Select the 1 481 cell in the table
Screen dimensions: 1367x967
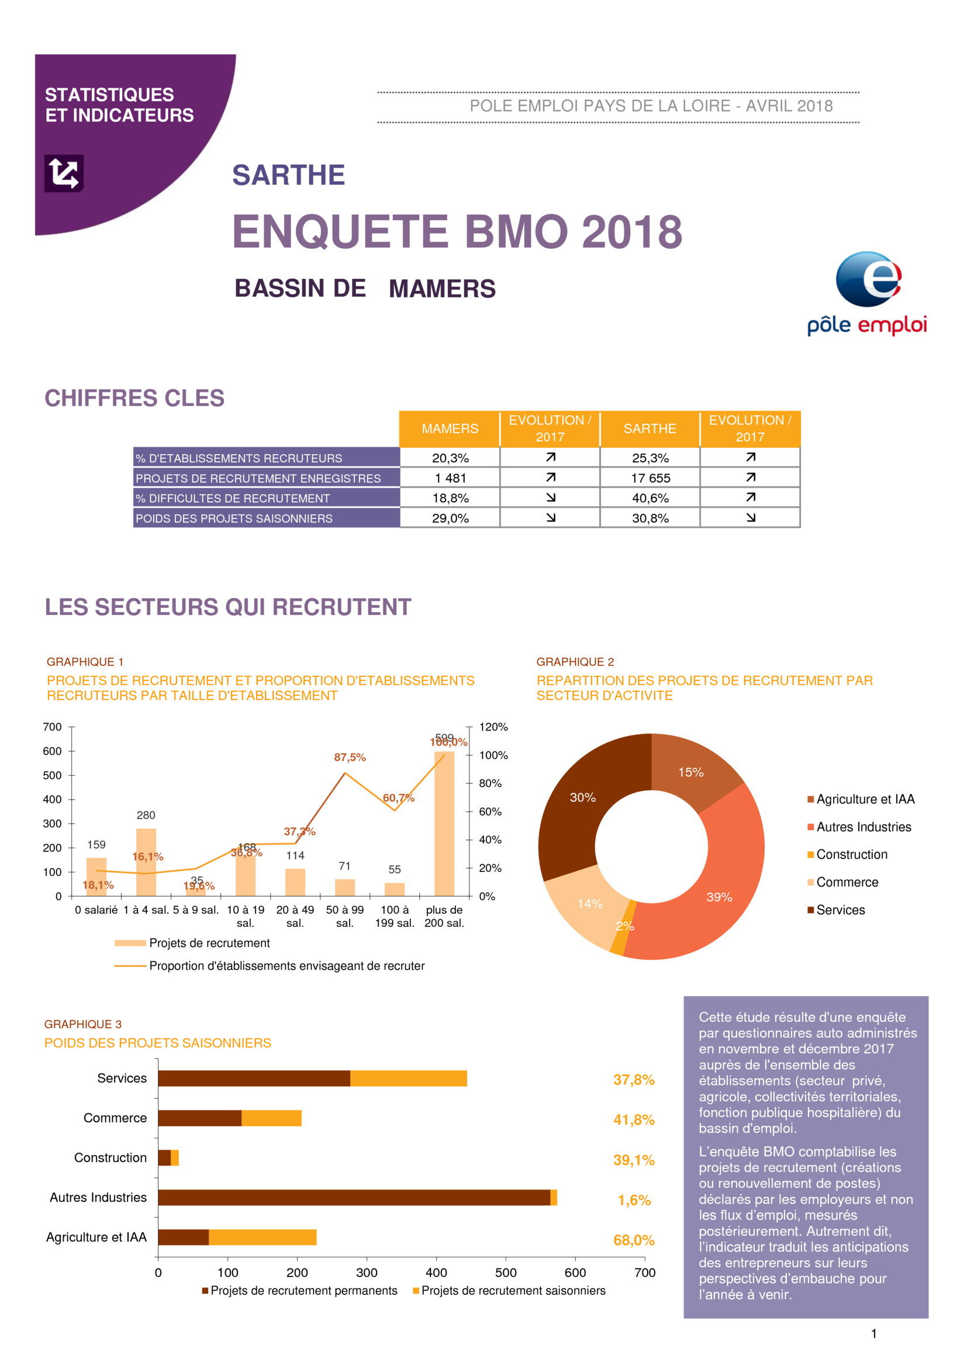(450, 478)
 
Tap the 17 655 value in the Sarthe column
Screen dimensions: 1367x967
(650, 478)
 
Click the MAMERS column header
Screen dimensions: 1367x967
(450, 428)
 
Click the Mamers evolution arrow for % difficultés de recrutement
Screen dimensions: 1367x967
(551, 498)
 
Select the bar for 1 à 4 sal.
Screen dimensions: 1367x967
(146, 861)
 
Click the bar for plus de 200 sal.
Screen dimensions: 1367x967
(444, 825)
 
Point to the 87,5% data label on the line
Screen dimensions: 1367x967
(350, 757)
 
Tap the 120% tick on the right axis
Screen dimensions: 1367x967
(493, 727)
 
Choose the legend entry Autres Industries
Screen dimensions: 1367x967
(864, 827)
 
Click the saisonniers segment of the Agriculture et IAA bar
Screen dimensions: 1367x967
(262, 1237)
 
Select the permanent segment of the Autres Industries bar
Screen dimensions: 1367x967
(354, 1198)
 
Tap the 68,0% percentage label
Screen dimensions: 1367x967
(634, 1240)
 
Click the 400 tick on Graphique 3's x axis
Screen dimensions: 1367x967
(436, 1272)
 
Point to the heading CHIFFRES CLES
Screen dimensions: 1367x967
(134, 398)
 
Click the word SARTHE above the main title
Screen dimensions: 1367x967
(288, 175)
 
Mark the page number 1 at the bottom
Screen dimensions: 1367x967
(873, 1334)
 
